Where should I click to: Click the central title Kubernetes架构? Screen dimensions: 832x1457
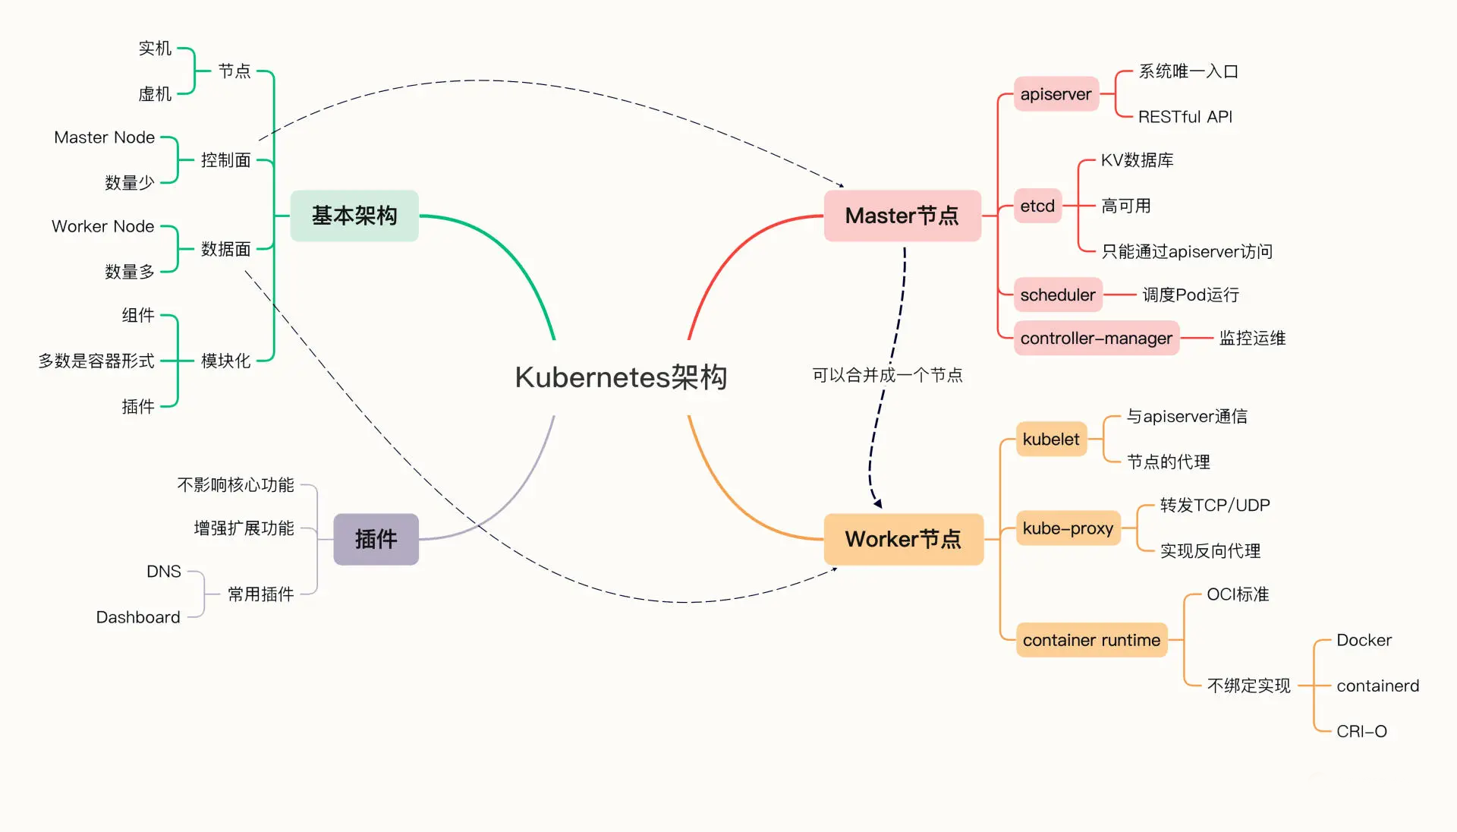pyautogui.click(x=621, y=377)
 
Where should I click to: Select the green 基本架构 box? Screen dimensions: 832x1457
pyautogui.click(x=354, y=216)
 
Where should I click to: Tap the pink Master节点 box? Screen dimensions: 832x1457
pyautogui.click(x=902, y=216)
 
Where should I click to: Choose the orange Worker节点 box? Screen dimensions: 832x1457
pyautogui.click(x=903, y=539)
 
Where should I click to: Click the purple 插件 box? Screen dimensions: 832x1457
pyautogui.click(x=376, y=539)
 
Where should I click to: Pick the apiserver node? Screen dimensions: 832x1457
pyautogui.click(x=1056, y=94)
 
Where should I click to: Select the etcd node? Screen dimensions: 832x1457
pyautogui.click(x=1037, y=206)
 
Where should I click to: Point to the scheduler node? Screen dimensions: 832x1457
pyautogui.click(x=1057, y=295)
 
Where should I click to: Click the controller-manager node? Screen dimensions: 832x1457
pyautogui.click(x=1096, y=338)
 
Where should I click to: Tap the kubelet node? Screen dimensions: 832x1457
pyautogui.click(x=1050, y=439)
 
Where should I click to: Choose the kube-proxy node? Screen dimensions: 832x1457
pyautogui.click(x=1068, y=528)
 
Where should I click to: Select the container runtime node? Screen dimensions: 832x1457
pyautogui.click(x=1090, y=640)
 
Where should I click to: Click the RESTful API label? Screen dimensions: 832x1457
pyautogui.click(x=1185, y=117)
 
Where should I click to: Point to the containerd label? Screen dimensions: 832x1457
pyautogui.click(x=1377, y=685)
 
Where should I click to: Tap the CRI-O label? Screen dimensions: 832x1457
pyautogui.click(x=1361, y=731)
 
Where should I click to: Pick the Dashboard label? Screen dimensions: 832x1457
pyautogui.click(x=138, y=617)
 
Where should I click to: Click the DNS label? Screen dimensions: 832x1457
pyautogui.click(x=164, y=572)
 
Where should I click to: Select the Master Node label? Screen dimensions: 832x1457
pyautogui.click(x=104, y=137)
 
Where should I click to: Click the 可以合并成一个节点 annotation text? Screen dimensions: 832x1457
pyautogui.click(x=887, y=375)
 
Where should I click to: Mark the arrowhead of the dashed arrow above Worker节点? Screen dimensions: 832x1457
pyautogui.click(x=878, y=503)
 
